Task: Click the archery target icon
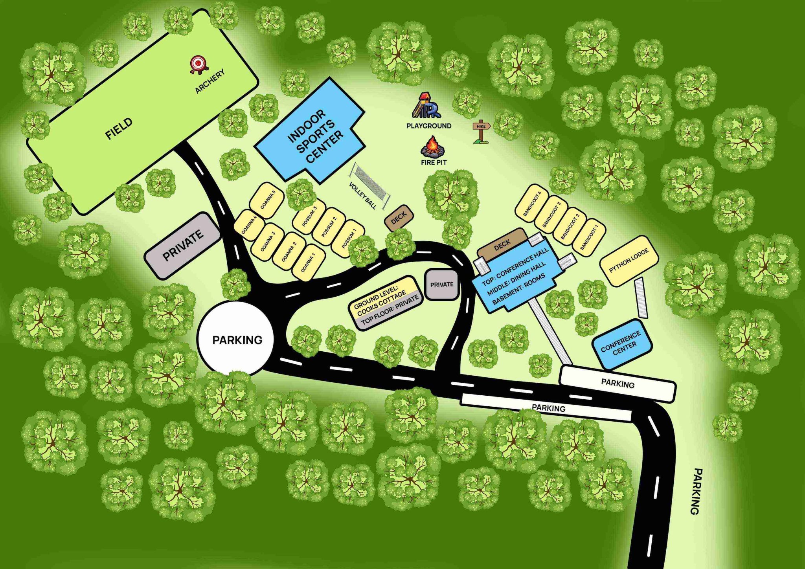pyautogui.click(x=197, y=64)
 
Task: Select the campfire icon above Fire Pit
pyautogui.click(x=433, y=146)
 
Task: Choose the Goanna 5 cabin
pyautogui.click(x=267, y=200)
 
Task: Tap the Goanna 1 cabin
pyautogui.click(x=309, y=263)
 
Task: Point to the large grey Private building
pyautogui.click(x=183, y=245)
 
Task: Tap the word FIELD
pyautogui.click(x=119, y=128)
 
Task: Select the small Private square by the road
pyautogui.click(x=442, y=284)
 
